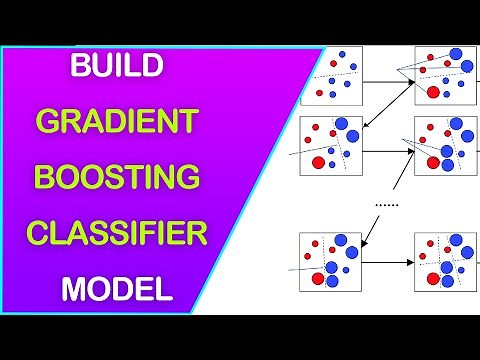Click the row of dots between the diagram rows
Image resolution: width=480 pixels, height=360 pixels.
pyautogui.click(x=385, y=204)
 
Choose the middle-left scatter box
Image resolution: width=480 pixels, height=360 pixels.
pyautogui.click(x=331, y=146)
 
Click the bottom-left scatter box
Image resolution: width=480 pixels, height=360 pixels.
pyautogui.click(x=331, y=262)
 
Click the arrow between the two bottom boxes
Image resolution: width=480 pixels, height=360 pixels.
pyautogui.click(x=388, y=262)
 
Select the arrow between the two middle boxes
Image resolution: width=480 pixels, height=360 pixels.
pyautogui.click(x=388, y=146)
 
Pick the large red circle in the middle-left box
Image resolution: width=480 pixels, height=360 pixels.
pyautogui.click(x=318, y=162)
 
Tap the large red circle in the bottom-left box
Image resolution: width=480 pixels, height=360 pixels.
pyautogui.click(x=318, y=278)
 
